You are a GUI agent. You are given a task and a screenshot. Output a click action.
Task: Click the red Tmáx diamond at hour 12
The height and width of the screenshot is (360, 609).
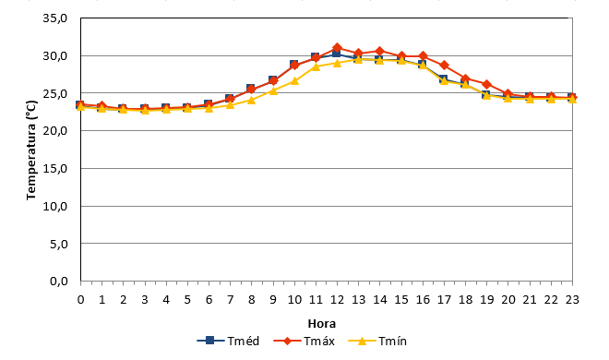(x=337, y=48)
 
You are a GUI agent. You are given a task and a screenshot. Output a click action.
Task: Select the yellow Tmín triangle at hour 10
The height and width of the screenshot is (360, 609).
(x=294, y=81)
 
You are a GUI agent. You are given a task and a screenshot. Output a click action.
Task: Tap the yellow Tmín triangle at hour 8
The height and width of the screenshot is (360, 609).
(x=251, y=100)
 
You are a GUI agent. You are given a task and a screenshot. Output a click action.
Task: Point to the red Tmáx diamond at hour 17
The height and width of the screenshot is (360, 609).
(x=445, y=66)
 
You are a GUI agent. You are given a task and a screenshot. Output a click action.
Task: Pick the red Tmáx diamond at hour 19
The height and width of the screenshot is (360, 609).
(x=487, y=84)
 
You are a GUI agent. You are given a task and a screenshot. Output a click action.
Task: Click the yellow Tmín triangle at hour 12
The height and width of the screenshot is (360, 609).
(x=337, y=63)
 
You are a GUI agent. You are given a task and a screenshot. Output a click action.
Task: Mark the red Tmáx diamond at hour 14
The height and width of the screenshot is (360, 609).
(x=380, y=52)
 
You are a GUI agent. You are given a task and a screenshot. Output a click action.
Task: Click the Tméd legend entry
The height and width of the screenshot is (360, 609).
(x=229, y=341)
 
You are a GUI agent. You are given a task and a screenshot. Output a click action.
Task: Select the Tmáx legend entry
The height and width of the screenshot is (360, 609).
(x=304, y=341)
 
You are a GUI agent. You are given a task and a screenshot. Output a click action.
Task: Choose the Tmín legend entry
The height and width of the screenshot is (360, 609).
(x=377, y=341)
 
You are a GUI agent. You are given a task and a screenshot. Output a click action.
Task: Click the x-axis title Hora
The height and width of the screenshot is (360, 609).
(x=322, y=323)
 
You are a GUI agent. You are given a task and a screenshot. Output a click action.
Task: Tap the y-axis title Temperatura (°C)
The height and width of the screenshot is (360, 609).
(x=31, y=150)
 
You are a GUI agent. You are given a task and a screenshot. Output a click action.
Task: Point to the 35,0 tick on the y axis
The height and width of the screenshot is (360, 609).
(x=55, y=18)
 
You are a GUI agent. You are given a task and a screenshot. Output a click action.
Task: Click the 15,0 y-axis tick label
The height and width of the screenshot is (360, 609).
(x=55, y=169)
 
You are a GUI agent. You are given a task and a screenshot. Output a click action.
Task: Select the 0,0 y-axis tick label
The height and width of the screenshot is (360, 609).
(x=58, y=282)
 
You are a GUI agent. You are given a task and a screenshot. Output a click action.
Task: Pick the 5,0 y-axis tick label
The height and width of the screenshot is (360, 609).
(x=58, y=244)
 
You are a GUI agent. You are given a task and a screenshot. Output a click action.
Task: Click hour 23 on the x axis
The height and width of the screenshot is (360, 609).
(x=572, y=300)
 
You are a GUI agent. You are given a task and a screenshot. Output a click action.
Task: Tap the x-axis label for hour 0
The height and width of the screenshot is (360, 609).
(x=81, y=300)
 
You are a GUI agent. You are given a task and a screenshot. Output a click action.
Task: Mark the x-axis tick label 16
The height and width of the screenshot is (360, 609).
(x=423, y=300)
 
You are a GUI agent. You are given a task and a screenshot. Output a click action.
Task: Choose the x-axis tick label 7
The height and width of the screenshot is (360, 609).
(x=230, y=300)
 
